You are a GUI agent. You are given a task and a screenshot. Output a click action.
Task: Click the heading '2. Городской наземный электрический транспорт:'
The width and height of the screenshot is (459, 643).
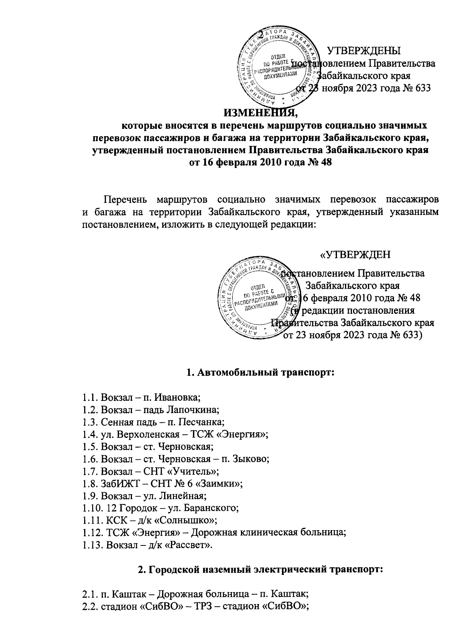tap(260, 569)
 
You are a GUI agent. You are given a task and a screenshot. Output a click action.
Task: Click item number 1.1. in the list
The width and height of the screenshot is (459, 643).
tap(90, 397)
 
